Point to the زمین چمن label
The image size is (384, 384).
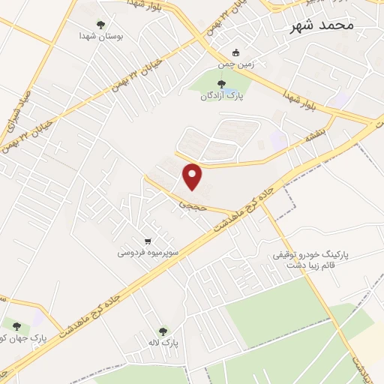[x=258, y=64]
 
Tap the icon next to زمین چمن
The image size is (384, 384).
[x=236, y=52]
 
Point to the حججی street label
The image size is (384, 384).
[x=186, y=202]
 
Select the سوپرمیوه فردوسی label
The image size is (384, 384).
[x=147, y=253]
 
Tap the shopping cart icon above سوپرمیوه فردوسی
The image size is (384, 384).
[x=148, y=241]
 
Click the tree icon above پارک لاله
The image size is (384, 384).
[x=163, y=330]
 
